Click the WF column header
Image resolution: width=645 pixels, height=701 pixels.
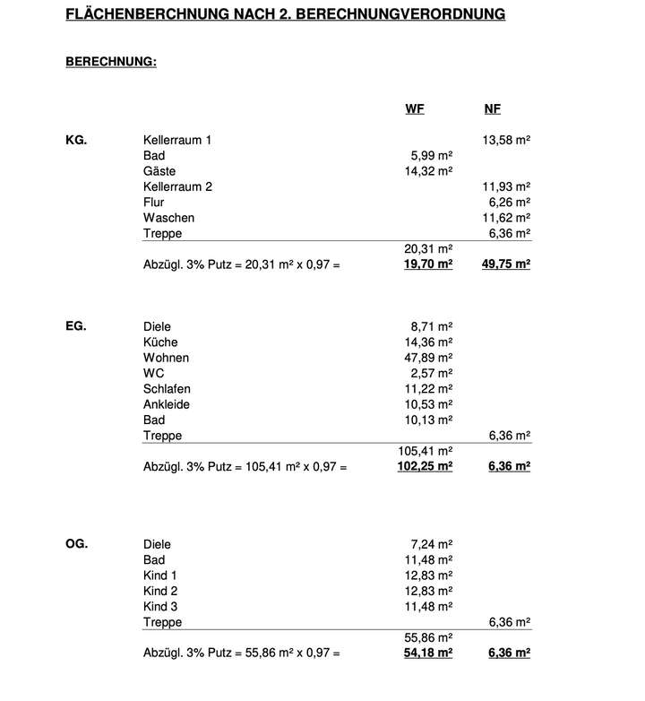click(x=415, y=109)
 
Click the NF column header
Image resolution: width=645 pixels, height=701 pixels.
click(x=492, y=109)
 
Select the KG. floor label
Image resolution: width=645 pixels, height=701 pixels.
click(x=76, y=141)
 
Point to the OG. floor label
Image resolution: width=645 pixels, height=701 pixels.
click(x=76, y=544)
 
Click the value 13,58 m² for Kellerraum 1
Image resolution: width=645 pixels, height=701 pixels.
click(x=506, y=141)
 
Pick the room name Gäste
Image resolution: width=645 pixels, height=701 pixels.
click(x=159, y=171)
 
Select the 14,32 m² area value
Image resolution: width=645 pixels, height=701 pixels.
click(x=428, y=171)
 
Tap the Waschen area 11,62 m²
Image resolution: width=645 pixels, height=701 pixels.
click(x=506, y=218)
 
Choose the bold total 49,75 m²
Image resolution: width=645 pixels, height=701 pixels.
click(x=506, y=264)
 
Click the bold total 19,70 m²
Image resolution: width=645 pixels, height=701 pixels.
click(x=428, y=264)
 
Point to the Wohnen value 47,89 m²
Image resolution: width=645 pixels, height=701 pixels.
click(x=428, y=358)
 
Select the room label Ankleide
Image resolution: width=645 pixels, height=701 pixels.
click(x=166, y=404)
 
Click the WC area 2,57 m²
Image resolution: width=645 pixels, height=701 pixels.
click(x=431, y=373)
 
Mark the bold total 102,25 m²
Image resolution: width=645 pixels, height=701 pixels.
click(x=425, y=466)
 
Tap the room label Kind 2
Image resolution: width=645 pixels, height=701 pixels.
click(x=160, y=591)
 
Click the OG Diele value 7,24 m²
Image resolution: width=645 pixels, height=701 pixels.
click(x=431, y=544)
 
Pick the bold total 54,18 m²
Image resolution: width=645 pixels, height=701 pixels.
click(x=428, y=653)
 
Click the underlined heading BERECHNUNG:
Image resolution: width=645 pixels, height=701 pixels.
click(x=111, y=62)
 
